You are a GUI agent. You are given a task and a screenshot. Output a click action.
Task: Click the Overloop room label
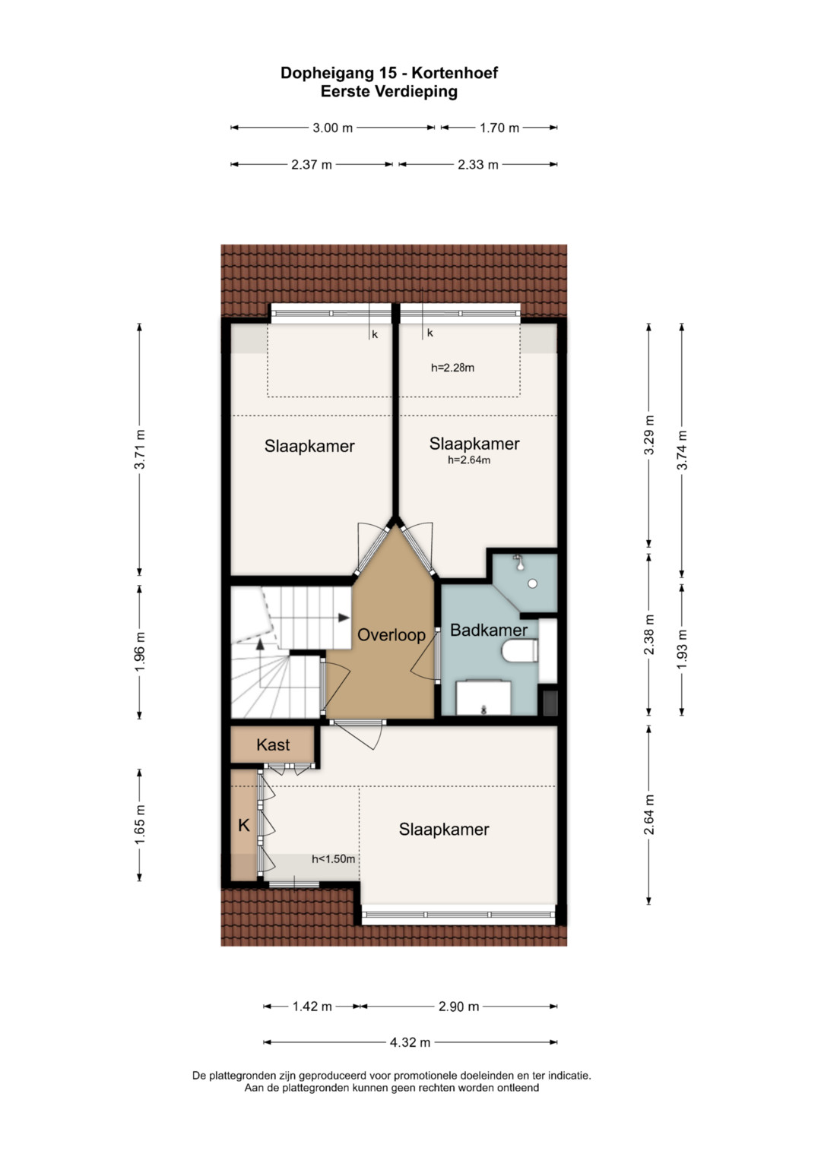pyautogui.click(x=391, y=635)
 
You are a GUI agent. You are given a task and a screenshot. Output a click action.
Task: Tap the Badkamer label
pyautogui.click(x=489, y=631)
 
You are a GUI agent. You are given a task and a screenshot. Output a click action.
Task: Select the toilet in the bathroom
pyautogui.click(x=520, y=652)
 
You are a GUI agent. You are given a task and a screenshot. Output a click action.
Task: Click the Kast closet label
pyautogui.click(x=273, y=745)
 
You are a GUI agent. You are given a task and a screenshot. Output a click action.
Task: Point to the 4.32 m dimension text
pyautogui.click(x=410, y=1042)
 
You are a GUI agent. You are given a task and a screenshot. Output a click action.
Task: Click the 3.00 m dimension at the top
pyautogui.click(x=332, y=128)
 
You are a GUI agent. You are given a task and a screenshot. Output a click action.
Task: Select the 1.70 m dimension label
pyautogui.click(x=499, y=128)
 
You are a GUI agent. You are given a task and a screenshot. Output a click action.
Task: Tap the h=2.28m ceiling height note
pyautogui.click(x=452, y=368)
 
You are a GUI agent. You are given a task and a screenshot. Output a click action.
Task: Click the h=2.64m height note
pyautogui.click(x=469, y=460)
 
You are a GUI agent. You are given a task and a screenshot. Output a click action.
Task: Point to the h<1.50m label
pyautogui.click(x=333, y=859)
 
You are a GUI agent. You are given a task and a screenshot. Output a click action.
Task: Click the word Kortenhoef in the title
pyautogui.click(x=455, y=73)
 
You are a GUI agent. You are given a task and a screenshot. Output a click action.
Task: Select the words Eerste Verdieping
pyautogui.click(x=388, y=92)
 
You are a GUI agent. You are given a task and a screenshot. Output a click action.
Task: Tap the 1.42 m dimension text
pyautogui.click(x=312, y=1007)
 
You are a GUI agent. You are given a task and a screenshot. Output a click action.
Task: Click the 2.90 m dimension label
pyautogui.click(x=458, y=1007)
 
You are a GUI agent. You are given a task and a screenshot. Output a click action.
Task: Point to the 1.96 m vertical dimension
pyautogui.click(x=139, y=653)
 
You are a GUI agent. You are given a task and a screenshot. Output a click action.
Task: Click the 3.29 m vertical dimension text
pyautogui.click(x=648, y=435)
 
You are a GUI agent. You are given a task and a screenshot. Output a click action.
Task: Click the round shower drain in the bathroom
pyautogui.click(x=532, y=583)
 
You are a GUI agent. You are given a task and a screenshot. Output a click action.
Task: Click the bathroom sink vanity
pyautogui.click(x=483, y=697)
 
